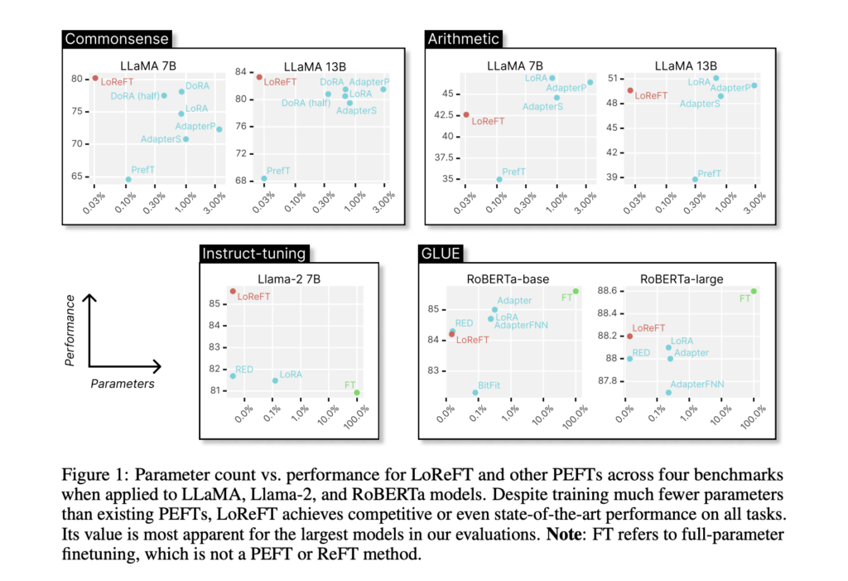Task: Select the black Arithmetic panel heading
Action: point(463,39)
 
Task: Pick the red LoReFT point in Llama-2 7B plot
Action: point(233,292)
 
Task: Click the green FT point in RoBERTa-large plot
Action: point(754,291)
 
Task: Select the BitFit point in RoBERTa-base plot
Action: point(475,392)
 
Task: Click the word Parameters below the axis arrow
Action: point(123,384)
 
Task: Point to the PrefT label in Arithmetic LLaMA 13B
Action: point(710,174)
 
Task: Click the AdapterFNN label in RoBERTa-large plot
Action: point(697,385)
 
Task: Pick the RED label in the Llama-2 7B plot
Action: point(244,369)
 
